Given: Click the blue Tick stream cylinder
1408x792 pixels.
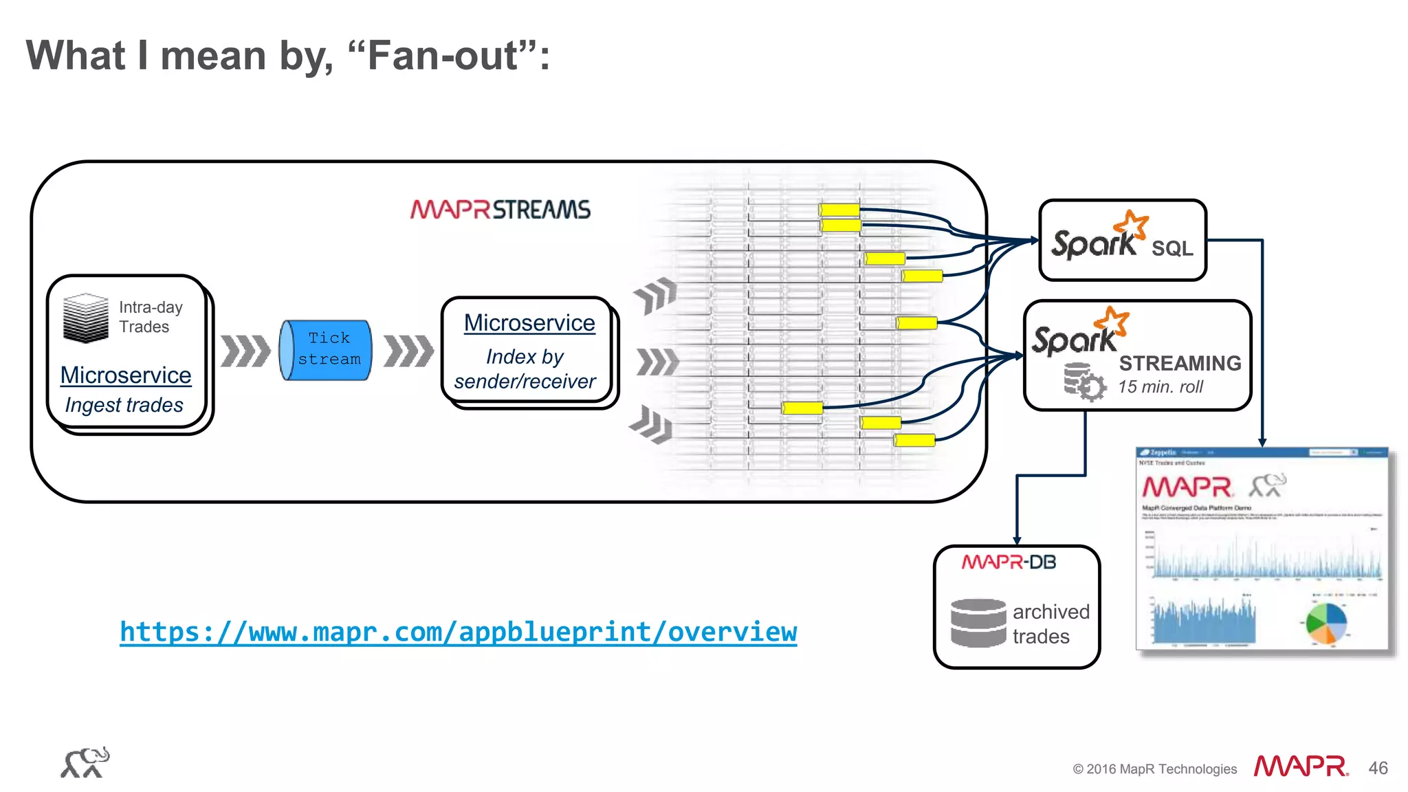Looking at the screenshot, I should click(326, 349).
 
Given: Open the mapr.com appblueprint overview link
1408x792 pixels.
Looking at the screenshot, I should click(458, 632).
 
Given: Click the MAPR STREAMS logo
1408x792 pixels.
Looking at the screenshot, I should click(500, 210).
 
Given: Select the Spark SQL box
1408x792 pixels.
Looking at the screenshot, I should click(1122, 241).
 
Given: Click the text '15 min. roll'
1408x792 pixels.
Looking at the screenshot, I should click(1160, 387).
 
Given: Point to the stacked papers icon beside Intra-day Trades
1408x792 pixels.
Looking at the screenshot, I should click(85, 318).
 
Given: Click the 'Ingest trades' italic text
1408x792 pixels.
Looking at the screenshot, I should click(124, 405).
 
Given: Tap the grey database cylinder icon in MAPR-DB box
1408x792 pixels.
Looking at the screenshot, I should click(978, 623).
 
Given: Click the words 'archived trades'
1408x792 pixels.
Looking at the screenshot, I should click(1050, 624).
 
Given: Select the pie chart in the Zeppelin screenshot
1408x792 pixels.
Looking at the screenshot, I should click(1326, 623).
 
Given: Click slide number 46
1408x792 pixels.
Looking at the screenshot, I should click(1378, 768).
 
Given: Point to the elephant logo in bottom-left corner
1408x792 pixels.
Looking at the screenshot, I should click(85, 762).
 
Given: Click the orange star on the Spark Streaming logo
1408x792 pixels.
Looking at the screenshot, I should click(1112, 321).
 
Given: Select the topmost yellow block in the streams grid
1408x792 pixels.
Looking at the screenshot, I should click(839, 210).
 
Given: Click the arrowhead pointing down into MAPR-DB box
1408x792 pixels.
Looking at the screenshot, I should click(1017, 540).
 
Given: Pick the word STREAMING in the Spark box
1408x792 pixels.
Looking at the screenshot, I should click(1180, 363).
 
